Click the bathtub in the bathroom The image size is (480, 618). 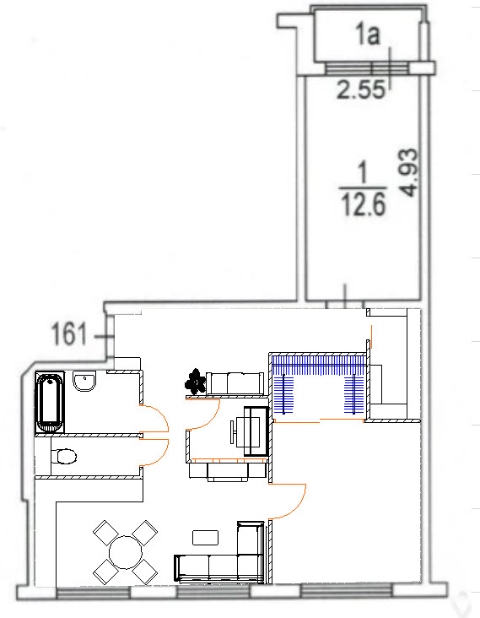[x=50, y=403]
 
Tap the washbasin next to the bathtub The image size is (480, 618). [x=84, y=382]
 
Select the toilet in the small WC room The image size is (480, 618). [x=64, y=457]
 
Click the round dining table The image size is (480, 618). [x=125, y=552]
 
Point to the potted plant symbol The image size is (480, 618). [x=196, y=382]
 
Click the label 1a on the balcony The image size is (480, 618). [x=368, y=34]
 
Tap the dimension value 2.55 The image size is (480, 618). [x=360, y=89]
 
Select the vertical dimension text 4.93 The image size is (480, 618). [x=408, y=172]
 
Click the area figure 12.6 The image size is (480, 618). [x=363, y=205]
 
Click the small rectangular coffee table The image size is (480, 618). [x=205, y=538]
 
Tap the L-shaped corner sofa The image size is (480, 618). [x=219, y=552]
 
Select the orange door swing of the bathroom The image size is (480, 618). [x=154, y=418]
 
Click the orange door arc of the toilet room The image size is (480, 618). [x=154, y=453]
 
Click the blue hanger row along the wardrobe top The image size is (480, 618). [x=319, y=366]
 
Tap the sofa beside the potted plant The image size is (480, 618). [x=235, y=383]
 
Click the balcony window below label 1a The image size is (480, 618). [x=368, y=68]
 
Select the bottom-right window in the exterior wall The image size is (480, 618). [x=347, y=590]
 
